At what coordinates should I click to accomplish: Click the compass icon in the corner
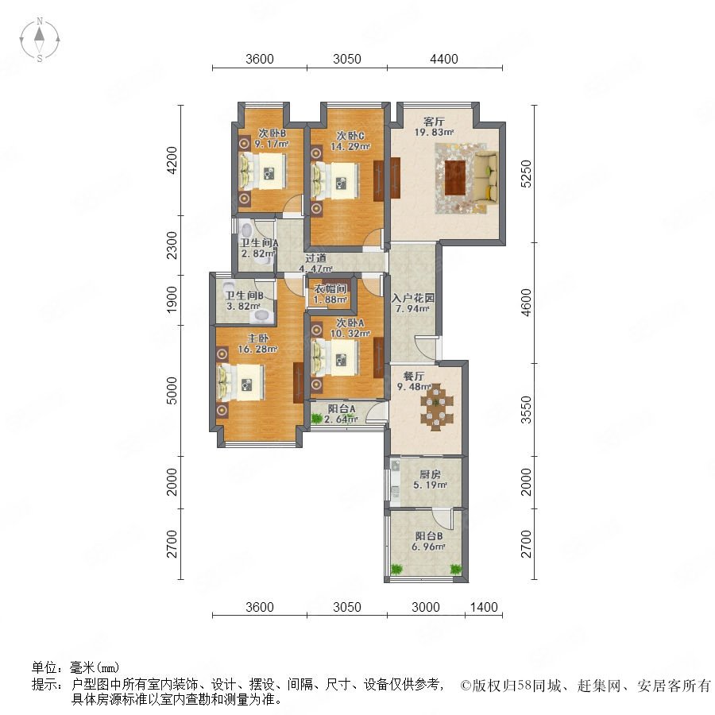pos(40,40)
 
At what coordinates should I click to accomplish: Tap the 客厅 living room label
pos(434,122)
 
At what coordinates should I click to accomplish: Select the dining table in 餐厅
pos(437,408)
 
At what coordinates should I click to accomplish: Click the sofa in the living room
pos(486,177)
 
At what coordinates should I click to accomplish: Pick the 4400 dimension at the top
pos(443,59)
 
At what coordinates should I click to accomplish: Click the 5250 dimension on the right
pos(526,173)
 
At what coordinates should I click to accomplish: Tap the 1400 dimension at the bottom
pos(484,607)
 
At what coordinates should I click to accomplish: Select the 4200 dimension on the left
pos(172,160)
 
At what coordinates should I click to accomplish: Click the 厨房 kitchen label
pos(430,474)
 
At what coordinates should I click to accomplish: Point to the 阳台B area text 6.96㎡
pos(428,547)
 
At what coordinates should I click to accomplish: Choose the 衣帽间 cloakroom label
pos(330,288)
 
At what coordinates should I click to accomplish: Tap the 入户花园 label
pos(412,298)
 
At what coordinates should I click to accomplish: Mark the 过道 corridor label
pos(315,258)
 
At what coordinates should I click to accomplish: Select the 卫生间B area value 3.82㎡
pos(244,306)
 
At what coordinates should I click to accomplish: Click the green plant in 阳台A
pos(316,418)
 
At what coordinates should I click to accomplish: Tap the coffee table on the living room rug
pos(454,178)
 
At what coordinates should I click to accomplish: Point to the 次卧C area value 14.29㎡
pos(350,146)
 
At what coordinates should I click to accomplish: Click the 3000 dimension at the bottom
pos(426,607)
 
